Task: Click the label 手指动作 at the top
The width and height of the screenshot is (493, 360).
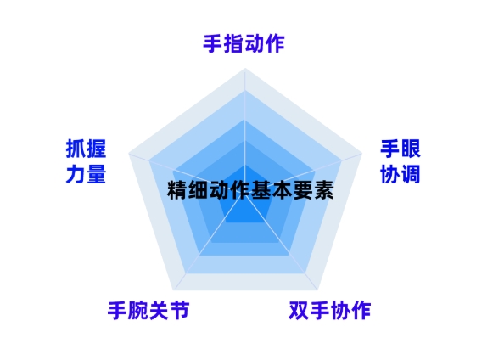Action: click(244, 44)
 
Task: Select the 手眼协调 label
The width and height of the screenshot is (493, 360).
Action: click(401, 161)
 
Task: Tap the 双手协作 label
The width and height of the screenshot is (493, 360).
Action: click(330, 311)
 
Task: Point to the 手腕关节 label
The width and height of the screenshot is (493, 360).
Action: click(148, 311)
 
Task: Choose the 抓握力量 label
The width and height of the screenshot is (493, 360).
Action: click(86, 161)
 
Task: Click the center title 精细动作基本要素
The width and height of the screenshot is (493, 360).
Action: click(250, 190)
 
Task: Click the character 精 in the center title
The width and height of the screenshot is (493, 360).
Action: click(177, 190)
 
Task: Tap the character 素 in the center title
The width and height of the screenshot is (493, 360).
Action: click(323, 190)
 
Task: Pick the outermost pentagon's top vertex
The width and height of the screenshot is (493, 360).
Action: click(245, 68)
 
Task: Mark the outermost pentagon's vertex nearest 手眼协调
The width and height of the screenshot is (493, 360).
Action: click(362, 154)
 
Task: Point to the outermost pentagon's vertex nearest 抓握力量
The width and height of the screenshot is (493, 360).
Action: click(129, 154)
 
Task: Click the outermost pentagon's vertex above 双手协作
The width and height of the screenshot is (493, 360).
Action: click(317, 290)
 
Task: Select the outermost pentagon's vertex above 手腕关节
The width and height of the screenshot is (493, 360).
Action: click(173, 290)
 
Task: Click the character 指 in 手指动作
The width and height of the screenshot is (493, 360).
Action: click(233, 44)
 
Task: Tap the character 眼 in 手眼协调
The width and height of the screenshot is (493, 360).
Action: click(411, 149)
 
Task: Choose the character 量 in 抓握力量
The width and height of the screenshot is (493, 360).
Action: click(96, 174)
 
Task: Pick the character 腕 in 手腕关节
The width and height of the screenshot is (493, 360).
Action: click(138, 311)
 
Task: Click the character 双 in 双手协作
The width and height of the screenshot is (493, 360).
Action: click(299, 311)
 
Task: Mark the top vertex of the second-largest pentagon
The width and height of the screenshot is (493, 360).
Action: click(245, 91)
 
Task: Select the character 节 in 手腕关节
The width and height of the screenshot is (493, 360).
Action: click(179, 311)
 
